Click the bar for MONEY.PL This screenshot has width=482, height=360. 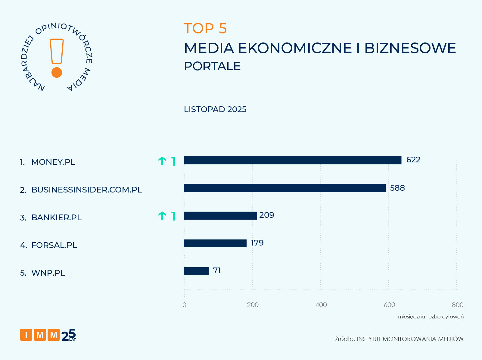click(x=292, y=160)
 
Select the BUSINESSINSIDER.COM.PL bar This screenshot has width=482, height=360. click(x=285, y=188)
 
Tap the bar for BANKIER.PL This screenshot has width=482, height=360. click(x=220, y=216)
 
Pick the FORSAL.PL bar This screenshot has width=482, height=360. click(x=215, y=243)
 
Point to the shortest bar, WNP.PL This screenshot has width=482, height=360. click(x=196, y=271)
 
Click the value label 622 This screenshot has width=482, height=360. click(x=413, y=160)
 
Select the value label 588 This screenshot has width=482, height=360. click(x=397, y=188)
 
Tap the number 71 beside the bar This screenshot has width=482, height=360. click(x=217, y=271)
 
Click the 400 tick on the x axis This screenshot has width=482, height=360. click(x=321, y=305)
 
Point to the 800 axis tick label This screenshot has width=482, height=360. click(x=457, y=305)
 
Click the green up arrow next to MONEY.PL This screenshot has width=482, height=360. click(x=162, y=161)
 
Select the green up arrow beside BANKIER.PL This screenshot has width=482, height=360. click(x=162, y=216)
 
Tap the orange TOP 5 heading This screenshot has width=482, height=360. click(x=205, y=29)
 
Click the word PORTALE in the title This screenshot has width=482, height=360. click(x=212, y=66)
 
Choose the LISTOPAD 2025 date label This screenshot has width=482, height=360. click(x=215, y=109)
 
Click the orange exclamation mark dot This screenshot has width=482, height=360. click(x=57, y=73)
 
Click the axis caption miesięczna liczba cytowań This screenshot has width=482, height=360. click(x=431, y=317)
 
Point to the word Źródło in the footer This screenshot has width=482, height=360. click(x=345, y=339)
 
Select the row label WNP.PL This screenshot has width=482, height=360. click(x=48, y=273)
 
